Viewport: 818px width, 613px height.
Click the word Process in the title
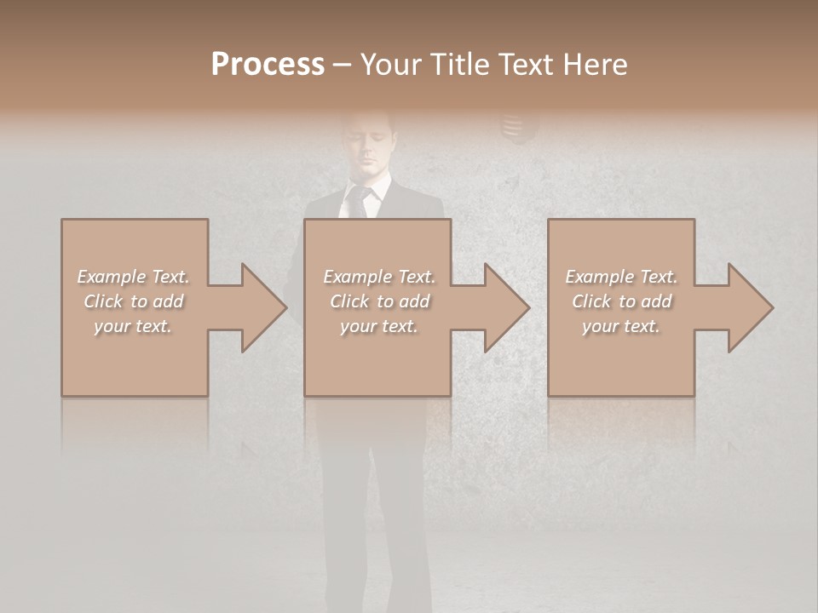click(x=268, y=65)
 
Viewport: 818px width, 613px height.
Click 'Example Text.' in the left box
click(x=133, y=277)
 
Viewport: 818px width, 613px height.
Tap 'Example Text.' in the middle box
click(x=379, y=277)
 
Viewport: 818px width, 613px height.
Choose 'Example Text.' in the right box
click(x=621, y=277)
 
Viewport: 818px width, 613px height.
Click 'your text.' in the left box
click(x=133, y=326)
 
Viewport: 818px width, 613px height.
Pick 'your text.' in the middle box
click(x=379, y=326)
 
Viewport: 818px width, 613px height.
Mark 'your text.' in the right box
click(x=621, y=326)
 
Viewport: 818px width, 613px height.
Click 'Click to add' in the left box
click(x=133, y=301)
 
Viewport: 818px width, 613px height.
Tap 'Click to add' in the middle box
click(x=379, y=301)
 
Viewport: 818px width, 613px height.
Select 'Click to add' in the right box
click(x=621, y=301)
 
